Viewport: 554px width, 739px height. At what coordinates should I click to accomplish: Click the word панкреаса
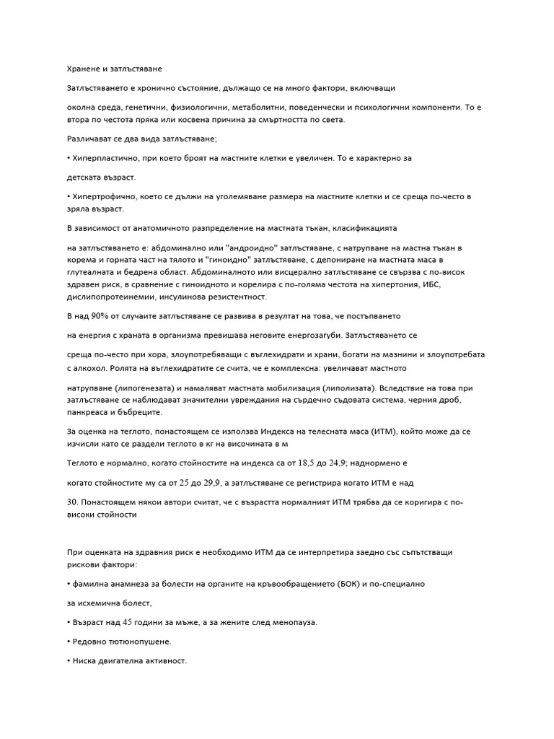(x=87, y=412)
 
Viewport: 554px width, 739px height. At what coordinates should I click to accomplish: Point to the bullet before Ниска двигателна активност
(x=68, y=660)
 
